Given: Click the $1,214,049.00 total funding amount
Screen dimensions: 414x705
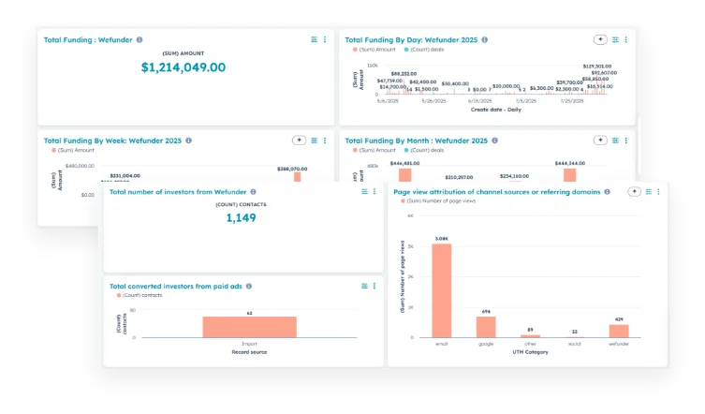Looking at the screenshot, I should [184, 67].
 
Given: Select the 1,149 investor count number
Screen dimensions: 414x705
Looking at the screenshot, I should [241, 217].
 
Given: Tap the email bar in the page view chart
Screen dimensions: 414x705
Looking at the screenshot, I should [441, 289].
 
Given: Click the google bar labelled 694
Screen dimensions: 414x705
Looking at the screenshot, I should [485, 326].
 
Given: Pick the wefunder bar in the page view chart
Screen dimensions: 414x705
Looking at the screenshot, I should [619, 331].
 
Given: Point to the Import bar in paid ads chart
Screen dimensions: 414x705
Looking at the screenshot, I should [249, 326].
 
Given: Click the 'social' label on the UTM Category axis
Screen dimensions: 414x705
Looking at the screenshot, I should [574, 344].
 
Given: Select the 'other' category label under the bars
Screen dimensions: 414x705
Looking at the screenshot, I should [530, 344].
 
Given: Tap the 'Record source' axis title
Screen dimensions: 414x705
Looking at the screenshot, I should [249, 351].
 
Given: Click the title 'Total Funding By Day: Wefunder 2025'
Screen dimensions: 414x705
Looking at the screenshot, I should [411, 40].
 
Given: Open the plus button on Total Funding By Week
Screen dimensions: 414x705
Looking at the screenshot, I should [299, 140].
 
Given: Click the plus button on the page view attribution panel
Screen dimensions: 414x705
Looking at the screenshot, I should [634, 191].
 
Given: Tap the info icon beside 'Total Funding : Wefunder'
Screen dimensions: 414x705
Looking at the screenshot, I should [140, 39].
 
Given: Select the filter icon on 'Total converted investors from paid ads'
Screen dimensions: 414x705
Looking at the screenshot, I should [363, 286].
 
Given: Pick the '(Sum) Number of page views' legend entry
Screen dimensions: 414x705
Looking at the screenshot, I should [440, 201].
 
